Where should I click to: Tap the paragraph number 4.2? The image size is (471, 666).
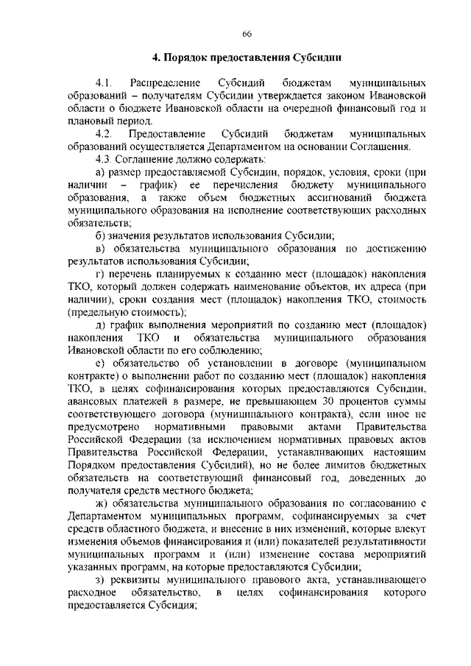[x=102, y=133]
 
